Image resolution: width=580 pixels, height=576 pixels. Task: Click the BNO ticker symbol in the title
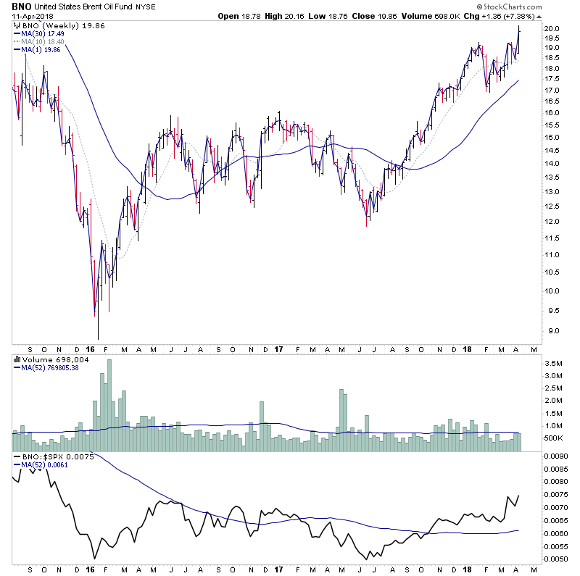pos(22,7)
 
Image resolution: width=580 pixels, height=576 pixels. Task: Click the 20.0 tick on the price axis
pos(552,29)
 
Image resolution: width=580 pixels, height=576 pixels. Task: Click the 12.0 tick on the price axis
pos(552,222)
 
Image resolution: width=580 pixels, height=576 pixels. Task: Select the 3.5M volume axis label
pos(553,363)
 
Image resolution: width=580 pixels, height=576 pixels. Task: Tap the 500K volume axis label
pos(554,438)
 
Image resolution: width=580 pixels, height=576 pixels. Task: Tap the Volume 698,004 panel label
pos(46,359)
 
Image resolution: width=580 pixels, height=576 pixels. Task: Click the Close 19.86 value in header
pos(408,16)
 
